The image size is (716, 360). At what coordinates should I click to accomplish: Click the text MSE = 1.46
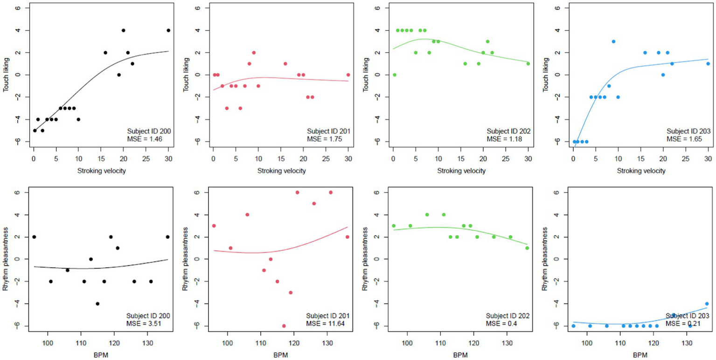tap(147, 139)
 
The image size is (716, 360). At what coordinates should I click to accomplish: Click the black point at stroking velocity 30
tap(168, 30)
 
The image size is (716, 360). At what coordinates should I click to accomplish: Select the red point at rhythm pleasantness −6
tap(284, 326)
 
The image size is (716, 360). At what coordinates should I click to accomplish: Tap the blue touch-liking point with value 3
tap(614, 42)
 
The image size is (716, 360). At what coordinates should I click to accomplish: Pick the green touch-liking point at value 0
tap(395, 75)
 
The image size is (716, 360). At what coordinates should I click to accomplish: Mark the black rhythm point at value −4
tap(97, 304)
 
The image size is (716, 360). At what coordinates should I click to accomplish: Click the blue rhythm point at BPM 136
tap(707, 304)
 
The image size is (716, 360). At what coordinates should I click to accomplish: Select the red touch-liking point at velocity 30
tap(348, 75)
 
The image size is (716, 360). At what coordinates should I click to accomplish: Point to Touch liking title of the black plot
tap(7, 75)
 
